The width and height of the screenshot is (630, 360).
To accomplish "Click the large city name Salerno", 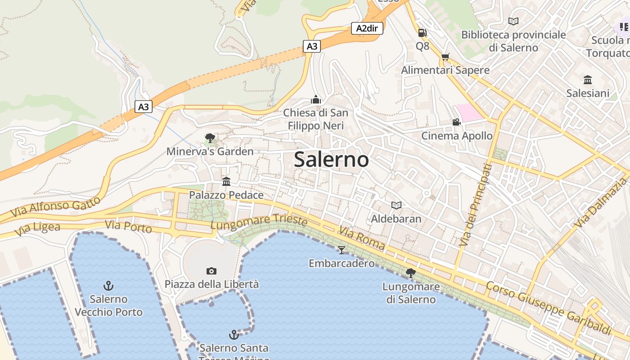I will [332, 160].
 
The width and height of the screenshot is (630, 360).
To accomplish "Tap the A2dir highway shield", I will [367, 29].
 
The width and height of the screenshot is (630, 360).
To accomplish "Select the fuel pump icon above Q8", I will [422, 32].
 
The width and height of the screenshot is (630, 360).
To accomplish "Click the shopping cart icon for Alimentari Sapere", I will [445, 57].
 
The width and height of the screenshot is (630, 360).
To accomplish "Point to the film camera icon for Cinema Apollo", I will [456, 122].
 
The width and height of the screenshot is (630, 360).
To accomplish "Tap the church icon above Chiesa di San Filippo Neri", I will [316, 99].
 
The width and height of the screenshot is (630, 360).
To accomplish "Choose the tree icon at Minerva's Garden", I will [210, 138].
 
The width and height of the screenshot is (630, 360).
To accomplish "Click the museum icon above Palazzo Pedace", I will [226, 181].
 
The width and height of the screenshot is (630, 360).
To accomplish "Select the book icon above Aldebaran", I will [396, 205].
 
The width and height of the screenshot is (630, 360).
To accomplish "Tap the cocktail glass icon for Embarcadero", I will [342, 250].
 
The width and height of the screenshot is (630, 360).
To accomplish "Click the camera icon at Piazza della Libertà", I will [211, 271].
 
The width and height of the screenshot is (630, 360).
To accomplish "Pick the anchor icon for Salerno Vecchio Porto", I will [108, 285].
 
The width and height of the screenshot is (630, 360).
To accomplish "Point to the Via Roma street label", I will [362, 238].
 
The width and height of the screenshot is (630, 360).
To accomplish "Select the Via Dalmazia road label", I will [600, 203].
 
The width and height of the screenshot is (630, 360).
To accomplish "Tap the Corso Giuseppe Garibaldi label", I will [549, 308].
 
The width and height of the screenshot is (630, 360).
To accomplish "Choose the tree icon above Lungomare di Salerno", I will [410, 273].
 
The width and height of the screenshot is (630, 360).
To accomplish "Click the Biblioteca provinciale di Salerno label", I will [513, 41].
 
